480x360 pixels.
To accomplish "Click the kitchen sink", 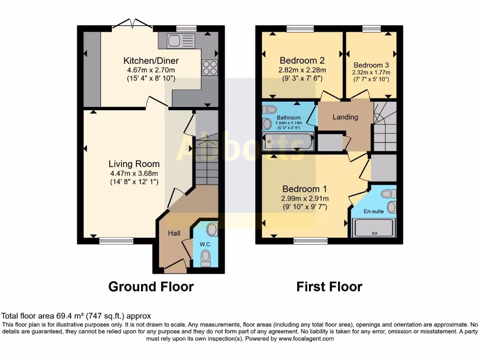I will (x=181, y=41).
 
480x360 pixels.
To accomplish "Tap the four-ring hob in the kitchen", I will (x=210, y=68).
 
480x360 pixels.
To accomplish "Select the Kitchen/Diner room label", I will (x=151, y=61).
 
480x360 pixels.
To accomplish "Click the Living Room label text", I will (x=134, y=164).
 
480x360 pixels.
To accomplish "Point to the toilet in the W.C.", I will (x=205, y=257).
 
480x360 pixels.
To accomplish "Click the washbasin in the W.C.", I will (x=212, y=230).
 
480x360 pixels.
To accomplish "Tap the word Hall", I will (x=174, y=233).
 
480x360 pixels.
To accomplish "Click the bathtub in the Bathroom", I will (x=288, y=141).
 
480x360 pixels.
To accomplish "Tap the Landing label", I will (x=345, y=117).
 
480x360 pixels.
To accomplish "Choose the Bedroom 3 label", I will (x=371, y=65).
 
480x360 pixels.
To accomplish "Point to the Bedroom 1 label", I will (x=304, y=189).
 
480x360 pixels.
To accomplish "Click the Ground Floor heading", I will (x=151, y=286).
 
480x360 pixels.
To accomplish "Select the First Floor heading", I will (x=329, y=286).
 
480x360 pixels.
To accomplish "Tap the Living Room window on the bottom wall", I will (x=116, y=241).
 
